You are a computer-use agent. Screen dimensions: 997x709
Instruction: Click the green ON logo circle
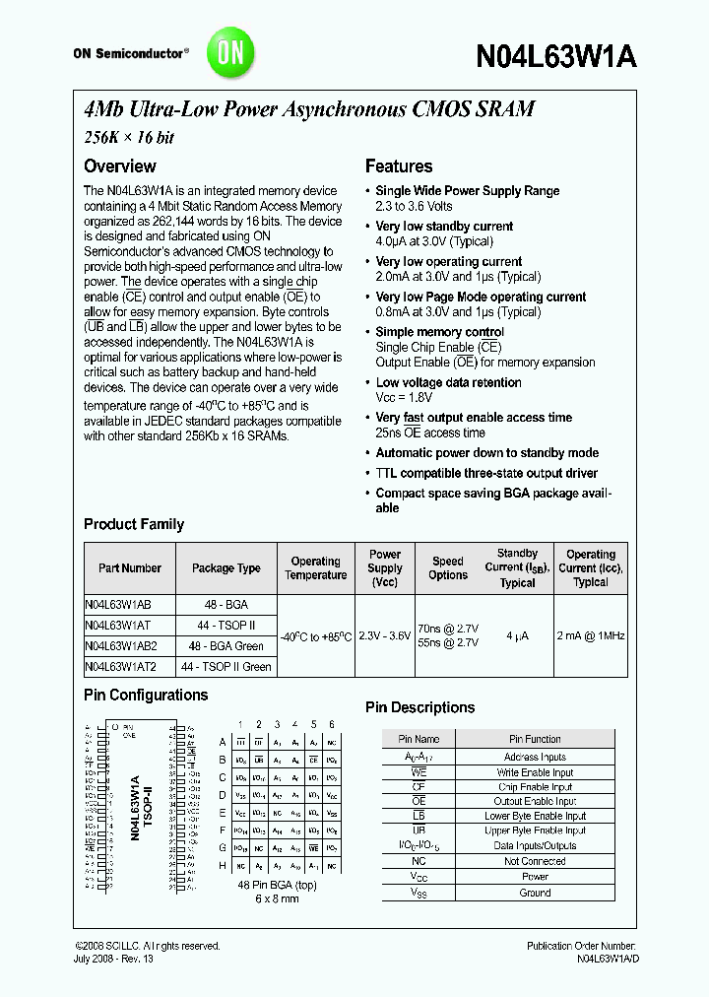230,52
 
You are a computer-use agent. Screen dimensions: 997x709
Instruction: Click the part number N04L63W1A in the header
555,56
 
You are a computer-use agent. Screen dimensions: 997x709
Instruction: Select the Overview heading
119,166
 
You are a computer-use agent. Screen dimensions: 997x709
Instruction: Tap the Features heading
399,166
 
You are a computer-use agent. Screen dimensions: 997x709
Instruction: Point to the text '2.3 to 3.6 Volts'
414,206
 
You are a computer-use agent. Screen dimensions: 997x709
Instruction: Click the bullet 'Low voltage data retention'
448,382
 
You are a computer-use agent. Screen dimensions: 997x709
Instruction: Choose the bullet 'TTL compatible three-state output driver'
486,472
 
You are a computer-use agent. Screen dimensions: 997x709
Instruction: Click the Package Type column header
226,568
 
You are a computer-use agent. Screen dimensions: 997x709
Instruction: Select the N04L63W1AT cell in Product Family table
117,625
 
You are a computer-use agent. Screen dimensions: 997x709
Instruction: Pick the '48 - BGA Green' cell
226,645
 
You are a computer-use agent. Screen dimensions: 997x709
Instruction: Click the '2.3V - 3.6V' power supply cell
384,635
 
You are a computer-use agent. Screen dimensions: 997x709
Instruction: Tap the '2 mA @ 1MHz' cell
590,635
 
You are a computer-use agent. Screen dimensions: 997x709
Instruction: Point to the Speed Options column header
448,568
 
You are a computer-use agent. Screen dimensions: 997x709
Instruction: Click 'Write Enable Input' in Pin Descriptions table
535,772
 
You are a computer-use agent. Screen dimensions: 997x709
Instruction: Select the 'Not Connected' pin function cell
535,861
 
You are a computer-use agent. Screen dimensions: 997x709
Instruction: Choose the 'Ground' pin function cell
535,893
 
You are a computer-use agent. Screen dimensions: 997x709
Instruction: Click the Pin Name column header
419,739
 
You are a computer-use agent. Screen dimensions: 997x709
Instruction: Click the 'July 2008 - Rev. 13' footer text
114,959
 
